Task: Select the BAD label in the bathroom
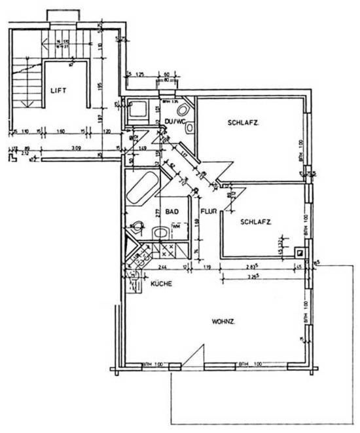coord(172,212)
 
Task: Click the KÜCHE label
coord(161,284)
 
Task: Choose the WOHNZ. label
coord(223,322)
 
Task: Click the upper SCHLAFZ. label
coord(242,122)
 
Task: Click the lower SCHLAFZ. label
coord(255,222)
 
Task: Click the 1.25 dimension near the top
coord(139,75)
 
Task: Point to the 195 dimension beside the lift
coord(100,87)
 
